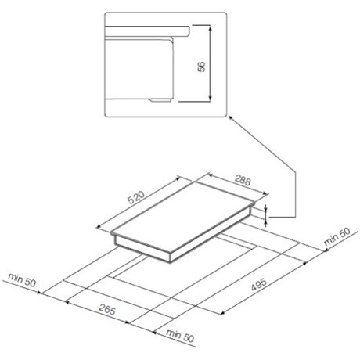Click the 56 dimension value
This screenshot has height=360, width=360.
pos(202,67)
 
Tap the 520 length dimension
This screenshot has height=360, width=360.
pos(136,198)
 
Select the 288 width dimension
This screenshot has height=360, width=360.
pos(243,180)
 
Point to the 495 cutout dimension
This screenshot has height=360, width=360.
pos(259,284)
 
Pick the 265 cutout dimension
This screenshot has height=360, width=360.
pos(107,310)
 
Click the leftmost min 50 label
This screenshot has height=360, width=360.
pos(22,279)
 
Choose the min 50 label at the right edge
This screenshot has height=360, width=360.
pos(337,236)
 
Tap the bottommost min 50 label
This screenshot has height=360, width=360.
pos(180,336)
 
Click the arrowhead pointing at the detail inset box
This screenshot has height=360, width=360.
pos(230,118)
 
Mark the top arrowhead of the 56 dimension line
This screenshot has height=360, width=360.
pos(210,27)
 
